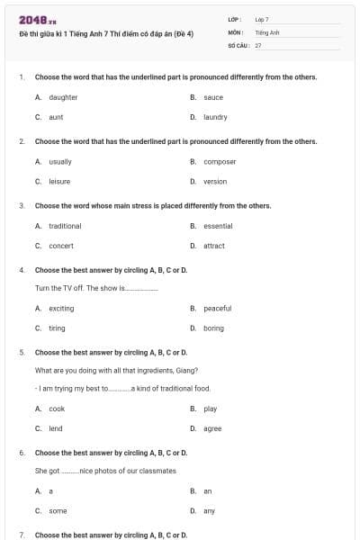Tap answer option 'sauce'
coord(213,97)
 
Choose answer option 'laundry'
coord(215,117)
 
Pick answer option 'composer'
coord(220,161)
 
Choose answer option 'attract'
coord(214,246)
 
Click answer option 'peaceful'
coord(218,309)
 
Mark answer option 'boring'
coord(213,328)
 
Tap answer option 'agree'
coord(212,428)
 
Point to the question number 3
coord(21,206)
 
